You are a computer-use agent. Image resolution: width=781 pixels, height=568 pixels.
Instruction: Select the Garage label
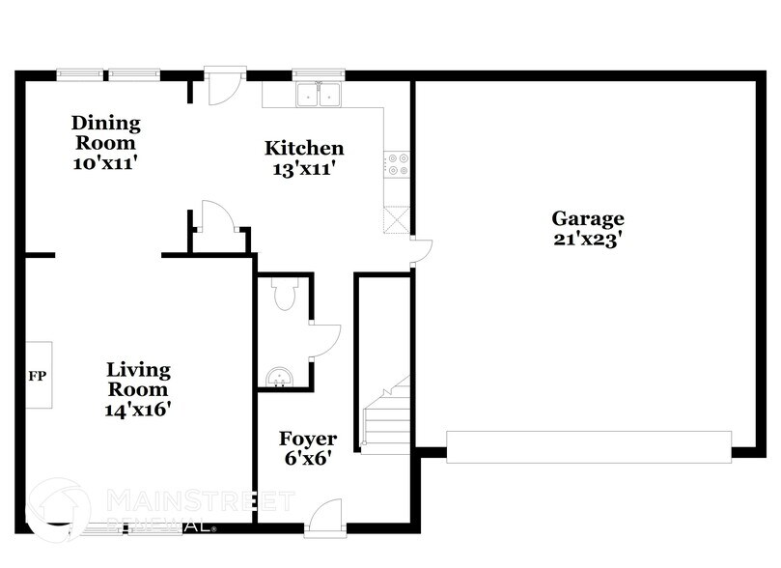[587, 218]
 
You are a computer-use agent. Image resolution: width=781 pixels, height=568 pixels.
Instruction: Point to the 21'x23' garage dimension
[587, 240]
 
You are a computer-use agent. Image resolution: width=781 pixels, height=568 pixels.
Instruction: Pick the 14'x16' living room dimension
[138, 409]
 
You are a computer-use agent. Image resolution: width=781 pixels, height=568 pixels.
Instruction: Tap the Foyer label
[308, 440]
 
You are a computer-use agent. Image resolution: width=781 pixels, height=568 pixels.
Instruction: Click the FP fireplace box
[39, 375]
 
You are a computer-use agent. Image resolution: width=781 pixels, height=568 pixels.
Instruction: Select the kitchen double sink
[318, 94]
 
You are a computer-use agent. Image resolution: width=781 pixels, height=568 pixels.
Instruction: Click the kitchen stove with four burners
[396, 164]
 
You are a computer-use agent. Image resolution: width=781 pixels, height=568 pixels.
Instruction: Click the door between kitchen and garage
[419, 250]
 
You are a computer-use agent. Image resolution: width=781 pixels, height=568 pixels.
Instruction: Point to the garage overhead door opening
[589, 446]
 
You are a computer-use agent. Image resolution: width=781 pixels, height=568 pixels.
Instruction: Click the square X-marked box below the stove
[396, 220]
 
